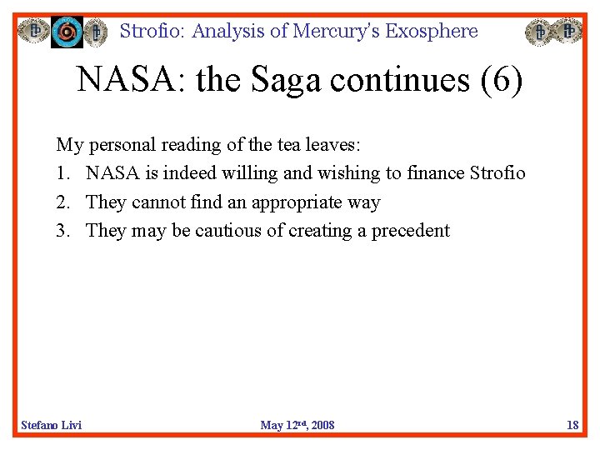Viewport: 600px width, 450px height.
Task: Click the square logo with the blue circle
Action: pos(67,32)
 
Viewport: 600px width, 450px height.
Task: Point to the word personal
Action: pos(122,144)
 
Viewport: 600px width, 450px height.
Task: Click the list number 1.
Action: pos(62,173)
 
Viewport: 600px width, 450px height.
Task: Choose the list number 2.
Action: pos(62,202)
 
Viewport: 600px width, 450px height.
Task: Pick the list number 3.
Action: pos(62,231)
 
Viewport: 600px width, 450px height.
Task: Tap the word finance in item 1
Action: pos(436,173)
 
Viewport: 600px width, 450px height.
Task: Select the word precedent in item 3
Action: pos(411,231)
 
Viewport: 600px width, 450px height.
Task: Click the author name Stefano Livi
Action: pos(52,425)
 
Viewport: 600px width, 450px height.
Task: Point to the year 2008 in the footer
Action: pos(321,425)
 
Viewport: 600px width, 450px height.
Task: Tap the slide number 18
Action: pos(572,425)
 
